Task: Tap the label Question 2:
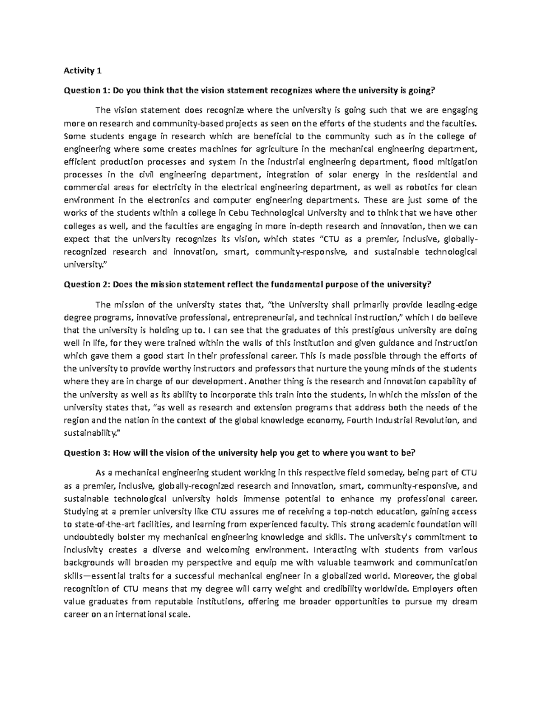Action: point(87,284)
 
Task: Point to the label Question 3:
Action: point(87,452)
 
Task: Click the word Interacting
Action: point(336,550)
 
